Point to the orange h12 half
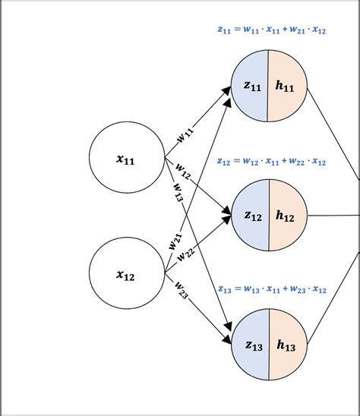[x=286, y=216]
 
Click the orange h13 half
[x=286, y=346]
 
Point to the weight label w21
[x=175, y=241]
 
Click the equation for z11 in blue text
[x=270, y=31]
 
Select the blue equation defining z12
[x=270, y=162]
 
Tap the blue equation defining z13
[x=270, y=290]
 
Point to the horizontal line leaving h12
[x=334, y=215]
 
